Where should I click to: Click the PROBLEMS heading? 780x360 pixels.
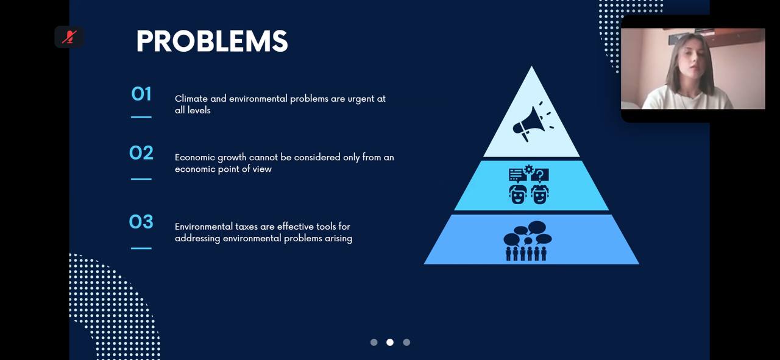[x=212, y=41]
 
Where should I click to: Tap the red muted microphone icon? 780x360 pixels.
[x=69, y=37]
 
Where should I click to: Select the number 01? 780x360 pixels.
[x=141, y=94]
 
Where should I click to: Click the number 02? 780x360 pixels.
[x=141, y=153]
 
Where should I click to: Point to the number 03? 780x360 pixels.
[x=141, y=222]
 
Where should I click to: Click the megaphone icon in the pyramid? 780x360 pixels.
[x=533, y=121]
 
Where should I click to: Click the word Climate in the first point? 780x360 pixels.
[x=191, y=99]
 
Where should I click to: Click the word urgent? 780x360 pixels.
[x=360, y=99]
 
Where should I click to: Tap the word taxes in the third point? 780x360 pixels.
[x=246, y=227]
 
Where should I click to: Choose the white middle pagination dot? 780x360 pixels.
[x=390, y=342]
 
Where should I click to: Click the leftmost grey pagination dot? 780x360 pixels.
[x=374, y=342]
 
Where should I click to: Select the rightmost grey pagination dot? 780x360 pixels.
[x=406, y=342]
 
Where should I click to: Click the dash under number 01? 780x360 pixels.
[x=141, y=117]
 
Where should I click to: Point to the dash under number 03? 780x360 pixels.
[x=141, y=249]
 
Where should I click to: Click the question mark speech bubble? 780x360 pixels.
[x=540, y=175]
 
